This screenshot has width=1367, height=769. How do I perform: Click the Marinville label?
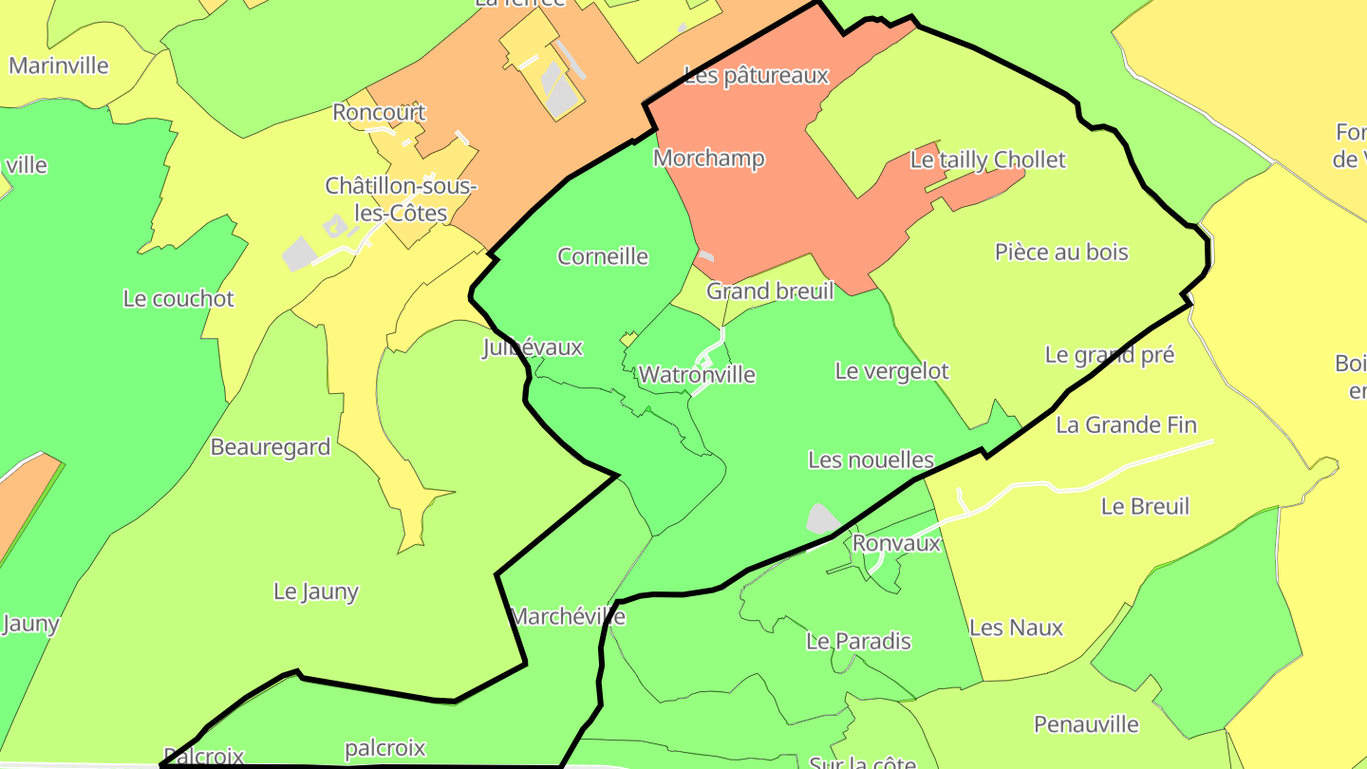click(x=59, y=66)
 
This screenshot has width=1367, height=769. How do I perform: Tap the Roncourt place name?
click(x=379, y=113)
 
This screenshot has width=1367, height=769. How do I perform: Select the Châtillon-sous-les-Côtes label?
click(x=401, y=199)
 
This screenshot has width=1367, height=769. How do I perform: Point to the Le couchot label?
click(x=178, y=299)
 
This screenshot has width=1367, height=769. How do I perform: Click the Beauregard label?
click(x=271, y=447)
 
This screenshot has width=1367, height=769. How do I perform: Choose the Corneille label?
click(x=603, y=256)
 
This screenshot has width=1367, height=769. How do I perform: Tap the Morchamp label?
click(x=708, y=159)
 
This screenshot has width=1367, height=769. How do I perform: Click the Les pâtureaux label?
click(x=757, y=76)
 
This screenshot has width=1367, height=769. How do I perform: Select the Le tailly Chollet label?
click(x=987, y=160)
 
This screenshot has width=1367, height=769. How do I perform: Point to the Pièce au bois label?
click(x=1061, y=253)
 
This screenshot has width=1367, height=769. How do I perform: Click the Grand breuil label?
click(x=770, y=291)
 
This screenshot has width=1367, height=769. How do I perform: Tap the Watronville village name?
click(x=697, y=375)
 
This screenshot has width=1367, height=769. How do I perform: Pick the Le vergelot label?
click(x=891, y=371)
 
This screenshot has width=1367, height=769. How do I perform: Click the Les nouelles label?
click(x=871, y=460)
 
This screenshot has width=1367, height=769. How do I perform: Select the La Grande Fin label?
click(x=1126, y=425)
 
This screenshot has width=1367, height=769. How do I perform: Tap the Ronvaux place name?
click(x=896, y=544)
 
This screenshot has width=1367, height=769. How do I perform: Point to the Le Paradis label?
click(x=858, y=642)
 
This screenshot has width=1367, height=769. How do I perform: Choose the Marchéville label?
click(x=568, y=617)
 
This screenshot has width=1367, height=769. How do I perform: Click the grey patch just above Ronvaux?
click(x=822, y=519)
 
